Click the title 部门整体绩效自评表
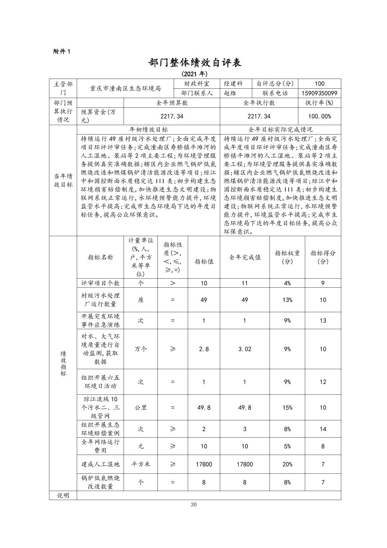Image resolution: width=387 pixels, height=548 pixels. [x=195, y=62]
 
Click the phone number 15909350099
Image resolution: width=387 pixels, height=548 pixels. [x=319, y=93]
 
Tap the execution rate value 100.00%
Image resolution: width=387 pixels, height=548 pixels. [x=319, y=116]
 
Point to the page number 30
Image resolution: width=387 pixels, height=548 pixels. [x=193, y=504]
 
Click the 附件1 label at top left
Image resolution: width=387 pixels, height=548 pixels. [x=62, y=51]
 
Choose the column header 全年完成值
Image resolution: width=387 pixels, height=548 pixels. [x=245, y=257]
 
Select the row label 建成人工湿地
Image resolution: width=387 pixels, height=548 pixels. [x=100, y=464]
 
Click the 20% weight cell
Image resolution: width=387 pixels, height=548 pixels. [x=287, y=464]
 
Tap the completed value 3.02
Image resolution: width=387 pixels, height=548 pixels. [x=245, y=349]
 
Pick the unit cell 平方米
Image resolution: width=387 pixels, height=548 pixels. [x=141, y=464]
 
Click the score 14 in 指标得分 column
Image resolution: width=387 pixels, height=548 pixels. [x=322, y=429]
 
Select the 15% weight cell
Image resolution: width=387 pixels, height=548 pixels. [x=287, y=408]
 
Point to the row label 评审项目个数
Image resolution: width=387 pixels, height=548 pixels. [x=100, y=283]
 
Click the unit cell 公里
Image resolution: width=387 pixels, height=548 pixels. [x=141, y=408]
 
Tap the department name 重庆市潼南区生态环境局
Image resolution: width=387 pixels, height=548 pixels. [x=125, y=88]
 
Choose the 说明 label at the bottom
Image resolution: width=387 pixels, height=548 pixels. [x=63, y=495]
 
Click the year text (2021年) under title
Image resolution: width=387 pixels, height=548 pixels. [x=195, y=74]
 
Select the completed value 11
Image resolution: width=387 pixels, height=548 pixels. [x=245, y=283]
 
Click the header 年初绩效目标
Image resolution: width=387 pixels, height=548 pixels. [x=148, y=129]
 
